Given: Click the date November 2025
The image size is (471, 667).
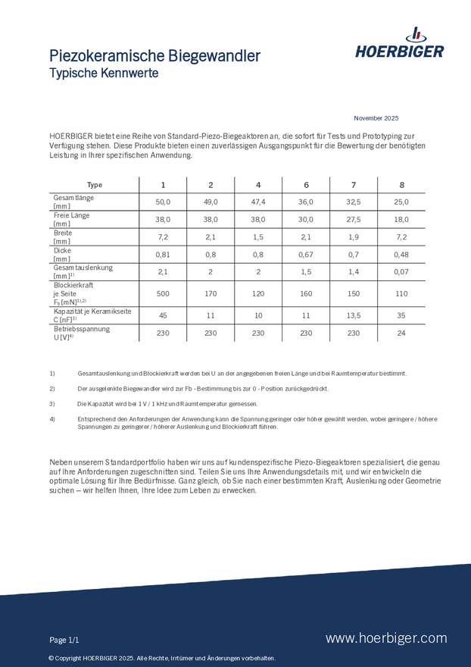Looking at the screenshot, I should [376, 118].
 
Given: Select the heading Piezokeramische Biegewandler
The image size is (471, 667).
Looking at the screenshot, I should [154, 56].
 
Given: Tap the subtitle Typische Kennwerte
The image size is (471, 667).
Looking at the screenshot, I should [104, 74].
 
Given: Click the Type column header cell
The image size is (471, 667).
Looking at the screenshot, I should [94, 185].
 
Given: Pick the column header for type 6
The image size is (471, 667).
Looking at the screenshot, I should [306, 185].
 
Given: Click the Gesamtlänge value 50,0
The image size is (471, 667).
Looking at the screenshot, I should [163, 202].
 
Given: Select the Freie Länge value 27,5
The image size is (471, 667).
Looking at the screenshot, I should [354, 219].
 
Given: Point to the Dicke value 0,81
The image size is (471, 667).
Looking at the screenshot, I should [163, 254].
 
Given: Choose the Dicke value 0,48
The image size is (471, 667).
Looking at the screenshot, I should [401, 254].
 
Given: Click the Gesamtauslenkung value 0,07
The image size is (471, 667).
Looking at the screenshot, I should [401, 271].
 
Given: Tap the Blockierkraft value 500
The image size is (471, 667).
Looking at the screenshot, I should [163, 293].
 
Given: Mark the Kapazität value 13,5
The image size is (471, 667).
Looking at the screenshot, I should [354, 315].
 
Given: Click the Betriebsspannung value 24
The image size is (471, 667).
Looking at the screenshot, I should [401, 333].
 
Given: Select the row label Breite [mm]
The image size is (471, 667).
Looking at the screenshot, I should [63, 236].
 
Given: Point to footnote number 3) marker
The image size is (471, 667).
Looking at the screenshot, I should [52, 404].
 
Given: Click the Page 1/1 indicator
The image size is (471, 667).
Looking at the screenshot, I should [64, 640].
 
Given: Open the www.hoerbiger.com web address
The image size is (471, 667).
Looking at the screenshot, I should [386, 638].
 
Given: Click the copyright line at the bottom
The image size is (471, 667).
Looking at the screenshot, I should [162, 658].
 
